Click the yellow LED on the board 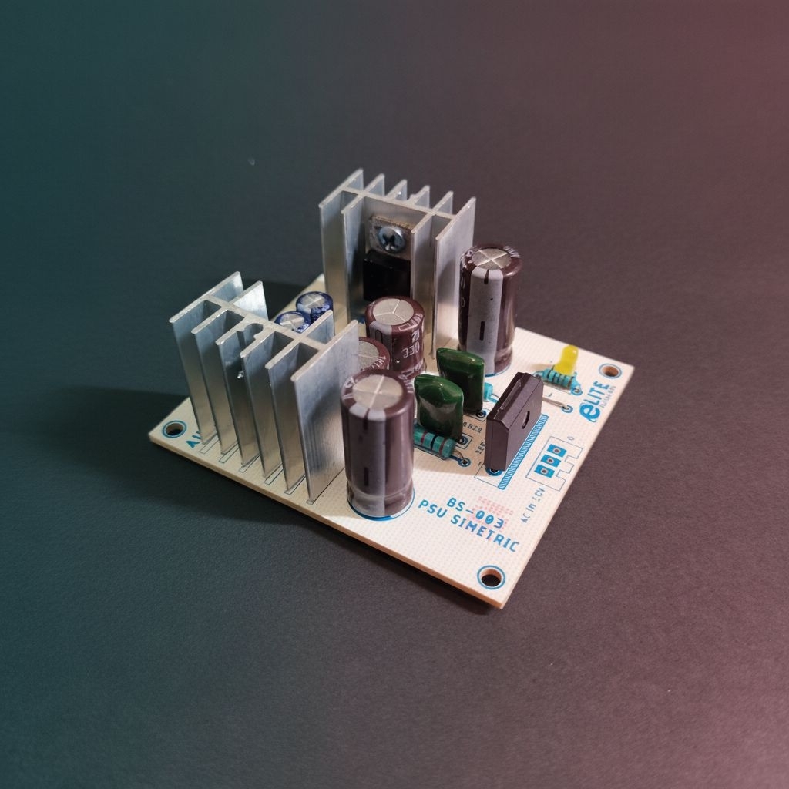[569, 358]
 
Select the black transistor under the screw [382, 274]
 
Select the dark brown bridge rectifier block [513, 420]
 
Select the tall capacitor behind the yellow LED [490, 304]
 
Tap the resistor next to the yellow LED [559, 378]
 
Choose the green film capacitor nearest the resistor [439, 406]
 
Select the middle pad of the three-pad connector [550, 460]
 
